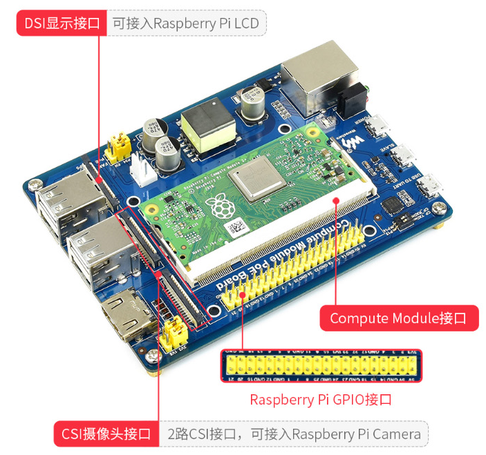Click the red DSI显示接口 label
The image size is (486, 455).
coord(61,23)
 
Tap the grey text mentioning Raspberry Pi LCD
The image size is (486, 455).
coord(186,24)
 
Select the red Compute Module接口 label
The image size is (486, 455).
coord(399,318)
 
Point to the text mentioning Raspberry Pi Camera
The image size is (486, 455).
coord(294,434)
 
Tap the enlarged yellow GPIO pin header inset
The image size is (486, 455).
coord(320,366)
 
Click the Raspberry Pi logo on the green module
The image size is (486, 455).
coord(221,206)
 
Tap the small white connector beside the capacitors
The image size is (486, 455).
coord(144,170)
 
